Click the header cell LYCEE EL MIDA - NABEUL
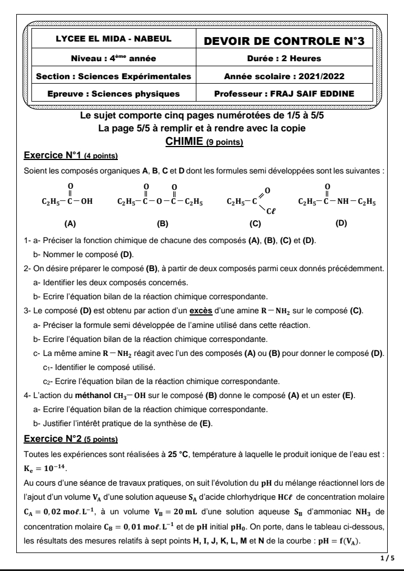(110, 41)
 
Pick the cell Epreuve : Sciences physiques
(110, 93)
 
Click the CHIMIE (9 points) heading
(202, 142)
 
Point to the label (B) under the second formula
(163, 223)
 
